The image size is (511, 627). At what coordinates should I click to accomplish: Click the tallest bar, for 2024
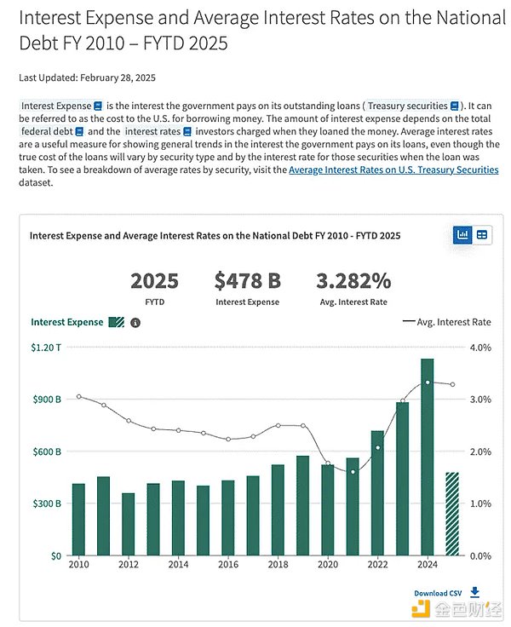[428, 457]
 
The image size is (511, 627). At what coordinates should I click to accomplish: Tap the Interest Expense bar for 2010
[78, 519]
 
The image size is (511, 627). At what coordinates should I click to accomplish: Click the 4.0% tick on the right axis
[480, 348]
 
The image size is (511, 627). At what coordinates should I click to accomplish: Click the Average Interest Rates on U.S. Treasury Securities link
[393, 170]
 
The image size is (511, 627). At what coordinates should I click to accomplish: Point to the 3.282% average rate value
[353, 282]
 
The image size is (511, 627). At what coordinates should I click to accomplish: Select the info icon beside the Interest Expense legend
[135, 322]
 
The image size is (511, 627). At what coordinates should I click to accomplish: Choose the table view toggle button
[483, 234]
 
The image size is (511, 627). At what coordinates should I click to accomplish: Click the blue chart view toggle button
[463, 234]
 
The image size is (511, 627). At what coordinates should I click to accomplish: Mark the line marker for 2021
[353, 471]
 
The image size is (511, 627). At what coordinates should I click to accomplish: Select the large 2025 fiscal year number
[154, 282]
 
